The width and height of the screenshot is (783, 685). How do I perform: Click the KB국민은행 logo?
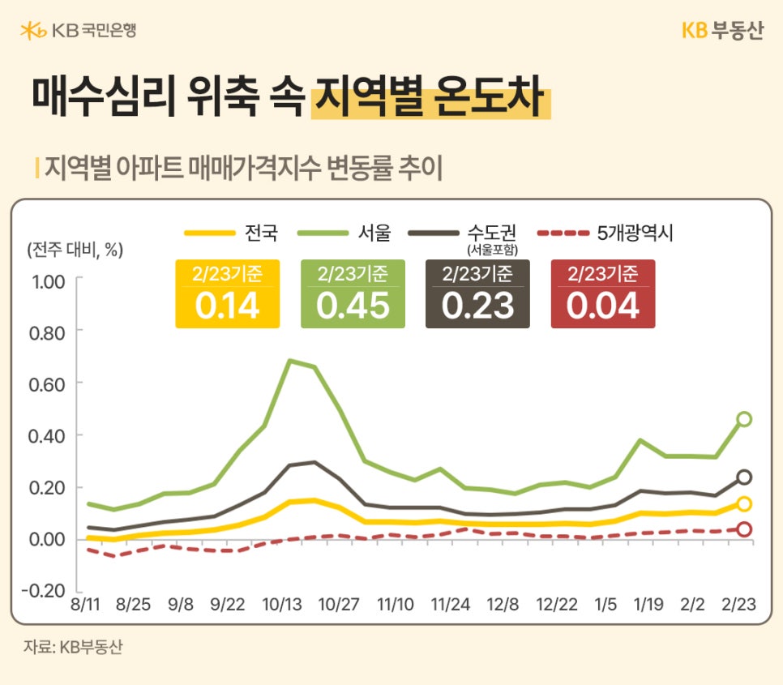pyautogui.click(x=78, y=31)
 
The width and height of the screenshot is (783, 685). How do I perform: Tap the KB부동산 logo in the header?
pyautogui.click(x=721, y=31)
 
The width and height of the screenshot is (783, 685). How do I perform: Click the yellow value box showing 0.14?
pyautogui.click(x=227, y=294)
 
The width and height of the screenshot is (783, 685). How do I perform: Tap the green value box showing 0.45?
pyautogui.click(x=353, y=294)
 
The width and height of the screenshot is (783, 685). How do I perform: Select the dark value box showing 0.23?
pyautogui.click(x=477, y=294)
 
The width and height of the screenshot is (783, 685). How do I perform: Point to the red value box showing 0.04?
pyautogui.click(x=603, y=294)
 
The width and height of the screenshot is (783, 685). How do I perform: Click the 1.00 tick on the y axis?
pyautogui.click(x=46, y=280)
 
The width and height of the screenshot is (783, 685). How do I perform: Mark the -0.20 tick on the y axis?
pyautogui.click(x=45, y=590)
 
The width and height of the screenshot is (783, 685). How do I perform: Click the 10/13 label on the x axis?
pyautogui.click(x=282, y=605)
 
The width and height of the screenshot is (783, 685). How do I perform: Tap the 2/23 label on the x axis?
pyautogui.click(x=739, y=605)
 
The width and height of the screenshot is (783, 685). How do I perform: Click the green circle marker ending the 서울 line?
pyautogui.click(x=743, y=419)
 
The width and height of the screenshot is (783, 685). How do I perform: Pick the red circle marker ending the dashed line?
pyautogui.click(x=743, y=529)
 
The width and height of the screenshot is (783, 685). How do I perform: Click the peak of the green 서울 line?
pyautogui.click(x=290, y=361)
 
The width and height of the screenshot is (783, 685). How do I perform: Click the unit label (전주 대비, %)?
pyautogui.click(x=75, y=250)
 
